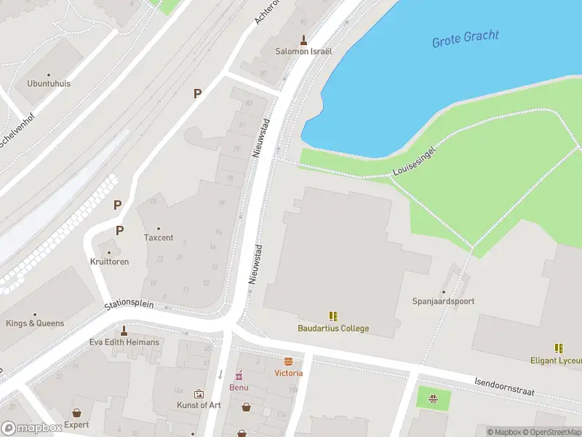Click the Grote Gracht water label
click(466, 39)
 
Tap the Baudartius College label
click(333, 328)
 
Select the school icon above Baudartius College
click(333, 316)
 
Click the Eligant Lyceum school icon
click(559, 348)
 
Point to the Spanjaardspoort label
click(444, 301)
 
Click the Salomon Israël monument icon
click(303, 39)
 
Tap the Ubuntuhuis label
click(49, 83)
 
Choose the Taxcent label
click(159, 237)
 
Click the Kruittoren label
click(110, 261)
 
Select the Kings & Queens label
click(35, 323)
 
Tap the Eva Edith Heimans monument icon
click(124, 330)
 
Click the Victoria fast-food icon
click(289, 361)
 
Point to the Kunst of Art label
click(199, 405)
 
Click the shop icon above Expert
click(76, 413)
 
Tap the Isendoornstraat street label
click(504, 387)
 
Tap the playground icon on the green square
click(434, 398)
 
